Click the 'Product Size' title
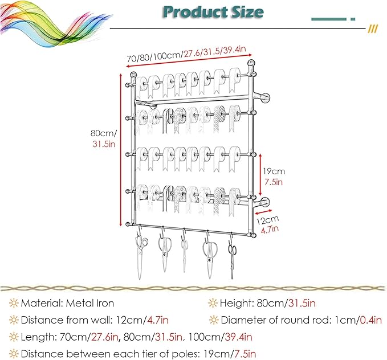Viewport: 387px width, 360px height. point(213,12)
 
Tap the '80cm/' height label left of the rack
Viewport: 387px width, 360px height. point(104,133)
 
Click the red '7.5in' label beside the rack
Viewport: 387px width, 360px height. point(274,182)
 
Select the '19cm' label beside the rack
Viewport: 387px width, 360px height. point(274,171)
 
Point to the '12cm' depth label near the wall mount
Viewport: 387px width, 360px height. point(267,220)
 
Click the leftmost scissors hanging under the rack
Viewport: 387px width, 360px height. point(141,257)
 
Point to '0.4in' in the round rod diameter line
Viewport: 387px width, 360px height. point(371,320)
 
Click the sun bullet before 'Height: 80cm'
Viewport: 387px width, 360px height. point(213,303)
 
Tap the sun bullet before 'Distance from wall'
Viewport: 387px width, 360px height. point(14,320)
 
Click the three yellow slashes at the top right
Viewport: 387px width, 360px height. point(373,29)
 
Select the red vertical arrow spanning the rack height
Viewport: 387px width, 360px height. point(121,150)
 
